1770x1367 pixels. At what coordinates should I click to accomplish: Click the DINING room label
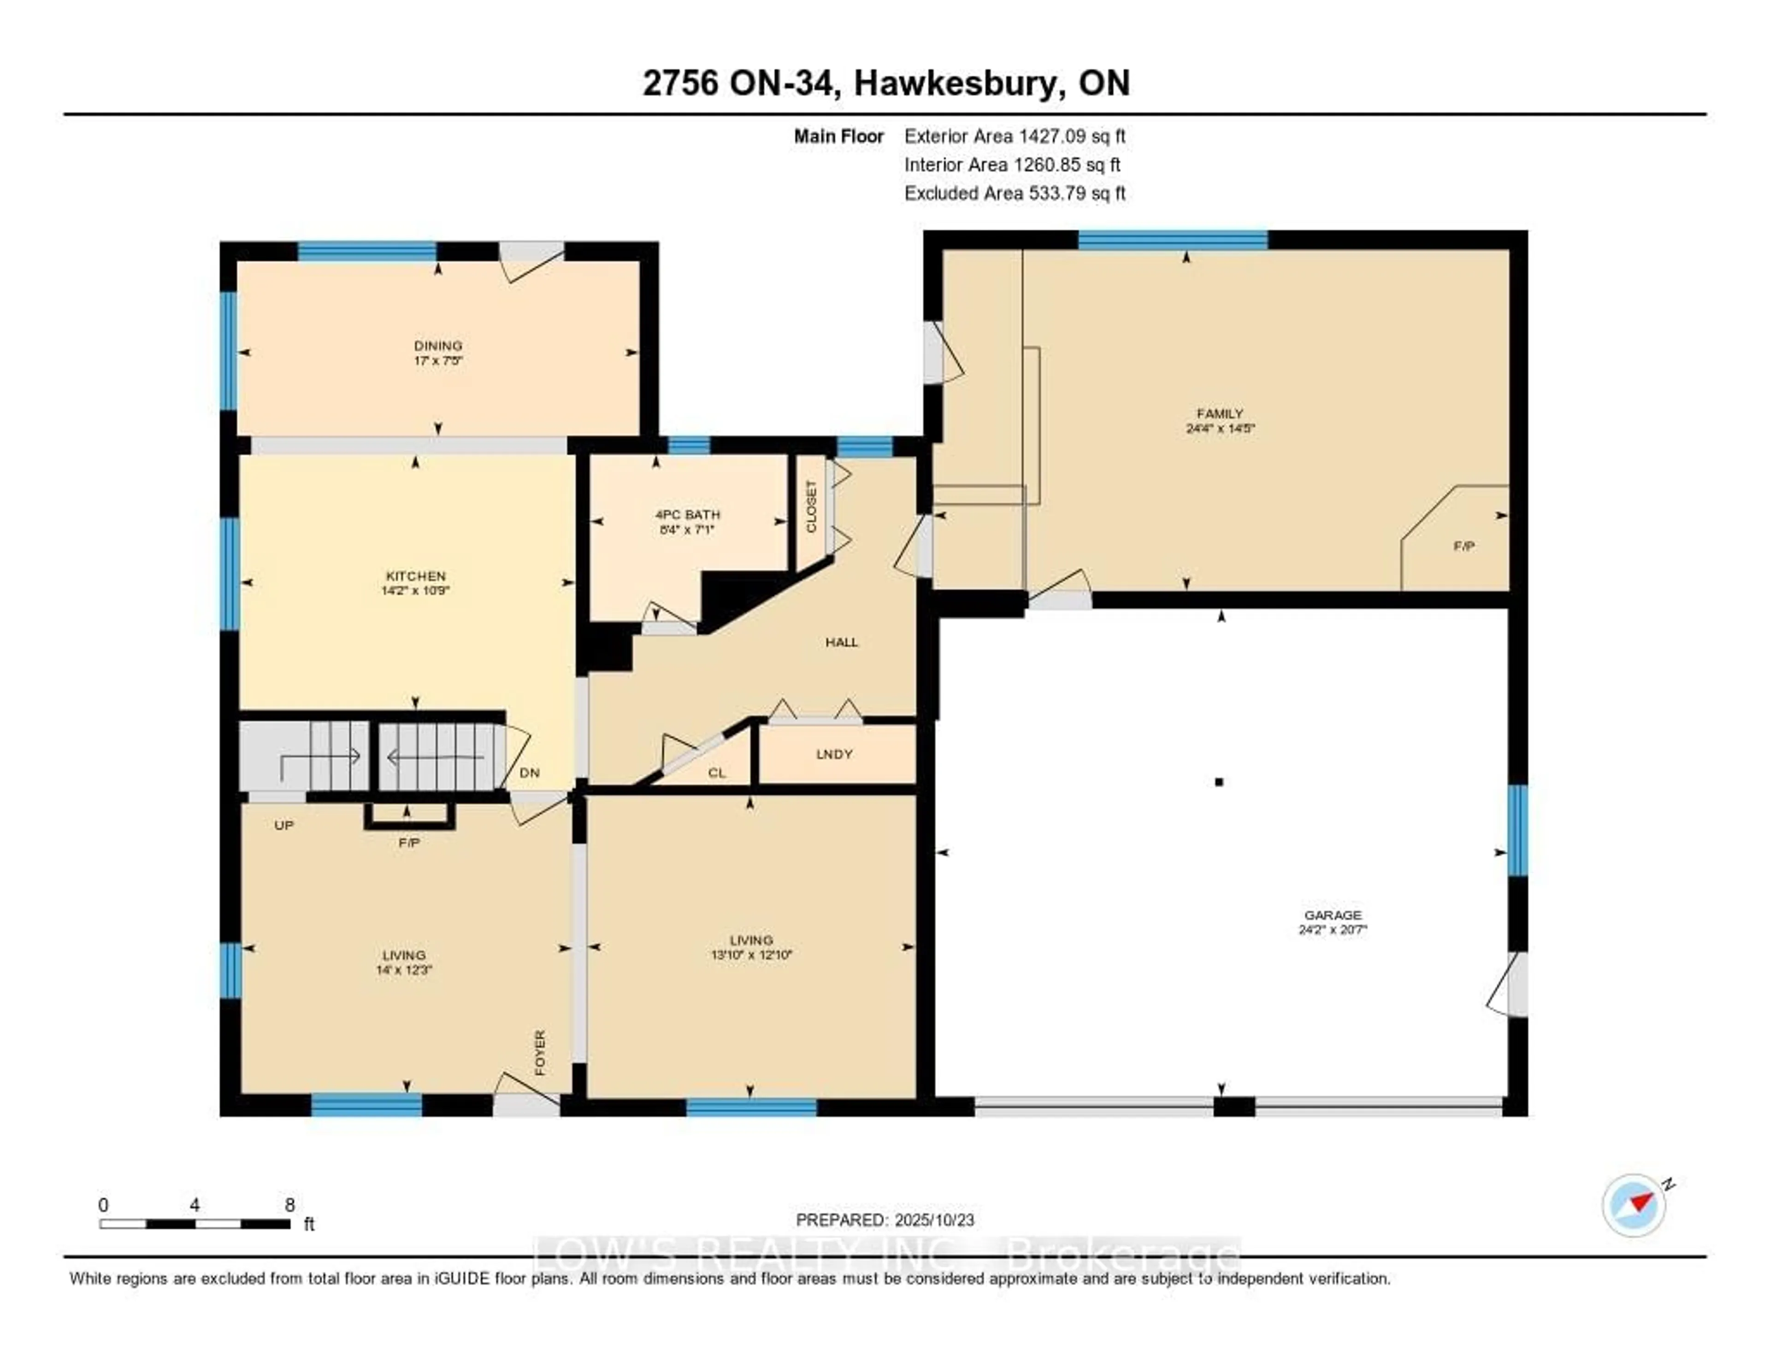point(437,345)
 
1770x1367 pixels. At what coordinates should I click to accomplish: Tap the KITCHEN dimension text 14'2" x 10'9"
point(415,591)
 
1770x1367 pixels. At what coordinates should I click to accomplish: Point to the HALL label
point(841,642)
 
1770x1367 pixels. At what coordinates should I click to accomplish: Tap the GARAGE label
point(1333,915)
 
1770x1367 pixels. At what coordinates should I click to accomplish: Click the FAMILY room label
point(1220,413)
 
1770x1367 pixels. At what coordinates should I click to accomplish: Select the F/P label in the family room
point(1463,546)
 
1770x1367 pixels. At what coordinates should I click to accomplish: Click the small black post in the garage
point(1219,782)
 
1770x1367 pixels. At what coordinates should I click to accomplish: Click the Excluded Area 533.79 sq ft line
point(1015,193)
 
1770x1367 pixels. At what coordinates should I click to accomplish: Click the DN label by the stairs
point(529,773)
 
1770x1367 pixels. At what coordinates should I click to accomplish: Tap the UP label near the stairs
point(283,825)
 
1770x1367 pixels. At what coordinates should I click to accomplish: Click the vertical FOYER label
point(540,1053)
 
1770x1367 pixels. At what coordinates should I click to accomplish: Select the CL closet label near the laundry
point(716,773)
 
